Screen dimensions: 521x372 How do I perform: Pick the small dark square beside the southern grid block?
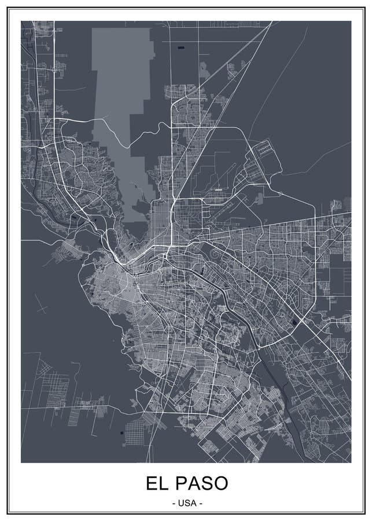pos(121,432)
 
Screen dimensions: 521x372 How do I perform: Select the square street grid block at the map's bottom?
pos(135,431)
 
